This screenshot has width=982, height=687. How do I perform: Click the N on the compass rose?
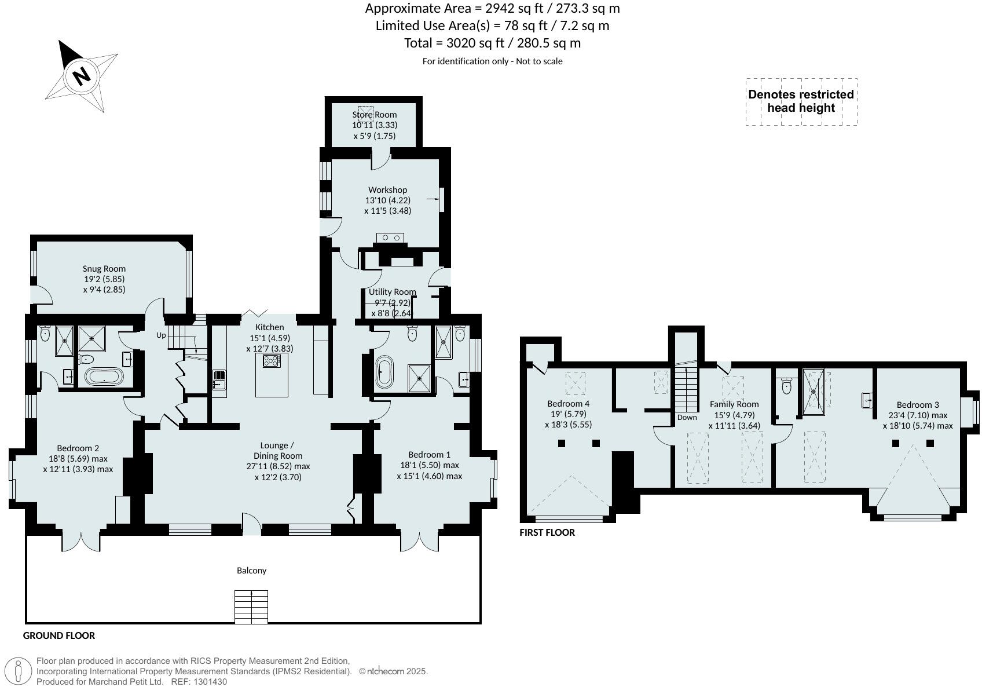click(x=82, y=75)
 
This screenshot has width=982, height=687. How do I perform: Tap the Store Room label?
click(x=375, y=115)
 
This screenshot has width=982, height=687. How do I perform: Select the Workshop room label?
click(x=387, y=190)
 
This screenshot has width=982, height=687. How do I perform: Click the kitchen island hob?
click(x=272, y=361)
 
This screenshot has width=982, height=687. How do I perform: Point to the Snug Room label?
click(x=104, y=269)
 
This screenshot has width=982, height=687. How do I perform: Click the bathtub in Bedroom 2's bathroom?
click(x=104, y=378)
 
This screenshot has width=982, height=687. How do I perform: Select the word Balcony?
click(x=252, y=571)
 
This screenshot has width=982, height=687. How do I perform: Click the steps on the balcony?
click(x=251, y=606)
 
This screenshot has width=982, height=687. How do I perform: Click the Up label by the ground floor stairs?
click(x=161, y=335)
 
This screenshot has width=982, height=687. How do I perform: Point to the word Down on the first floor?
click(x=687, y=417)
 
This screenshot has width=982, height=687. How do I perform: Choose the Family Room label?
click(x=734, y=404)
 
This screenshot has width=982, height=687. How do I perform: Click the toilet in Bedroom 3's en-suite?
click(x=786, y=386)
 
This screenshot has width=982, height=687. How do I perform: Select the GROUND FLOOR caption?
click(x=59, y=635)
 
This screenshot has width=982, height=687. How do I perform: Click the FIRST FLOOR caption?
click(x=547, y=532)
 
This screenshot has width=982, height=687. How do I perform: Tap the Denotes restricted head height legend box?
click(x=801, y=101)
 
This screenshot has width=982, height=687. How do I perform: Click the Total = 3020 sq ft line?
click(x=492, y=43)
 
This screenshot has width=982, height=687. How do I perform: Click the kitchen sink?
click(x=219, y=381)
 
